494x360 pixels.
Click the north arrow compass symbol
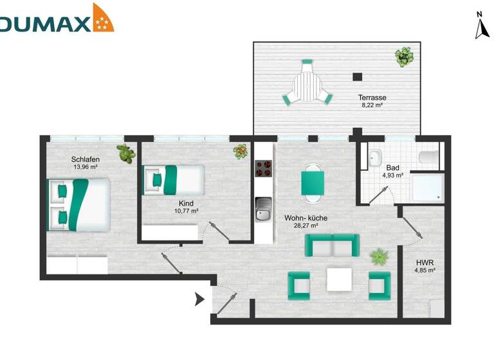point(480,26)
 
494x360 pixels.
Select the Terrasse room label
point(372,98)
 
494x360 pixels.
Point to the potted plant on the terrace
point(404,57)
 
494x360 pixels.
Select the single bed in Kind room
point(173,179)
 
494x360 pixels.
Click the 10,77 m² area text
point(186,210)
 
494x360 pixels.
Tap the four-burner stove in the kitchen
point(264,168)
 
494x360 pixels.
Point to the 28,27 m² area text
point(306,226)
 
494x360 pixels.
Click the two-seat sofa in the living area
point(331,245)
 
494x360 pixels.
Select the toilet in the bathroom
point(427,157)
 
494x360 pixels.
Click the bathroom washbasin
point(376,158)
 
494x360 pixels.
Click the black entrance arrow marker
point(199,299)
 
